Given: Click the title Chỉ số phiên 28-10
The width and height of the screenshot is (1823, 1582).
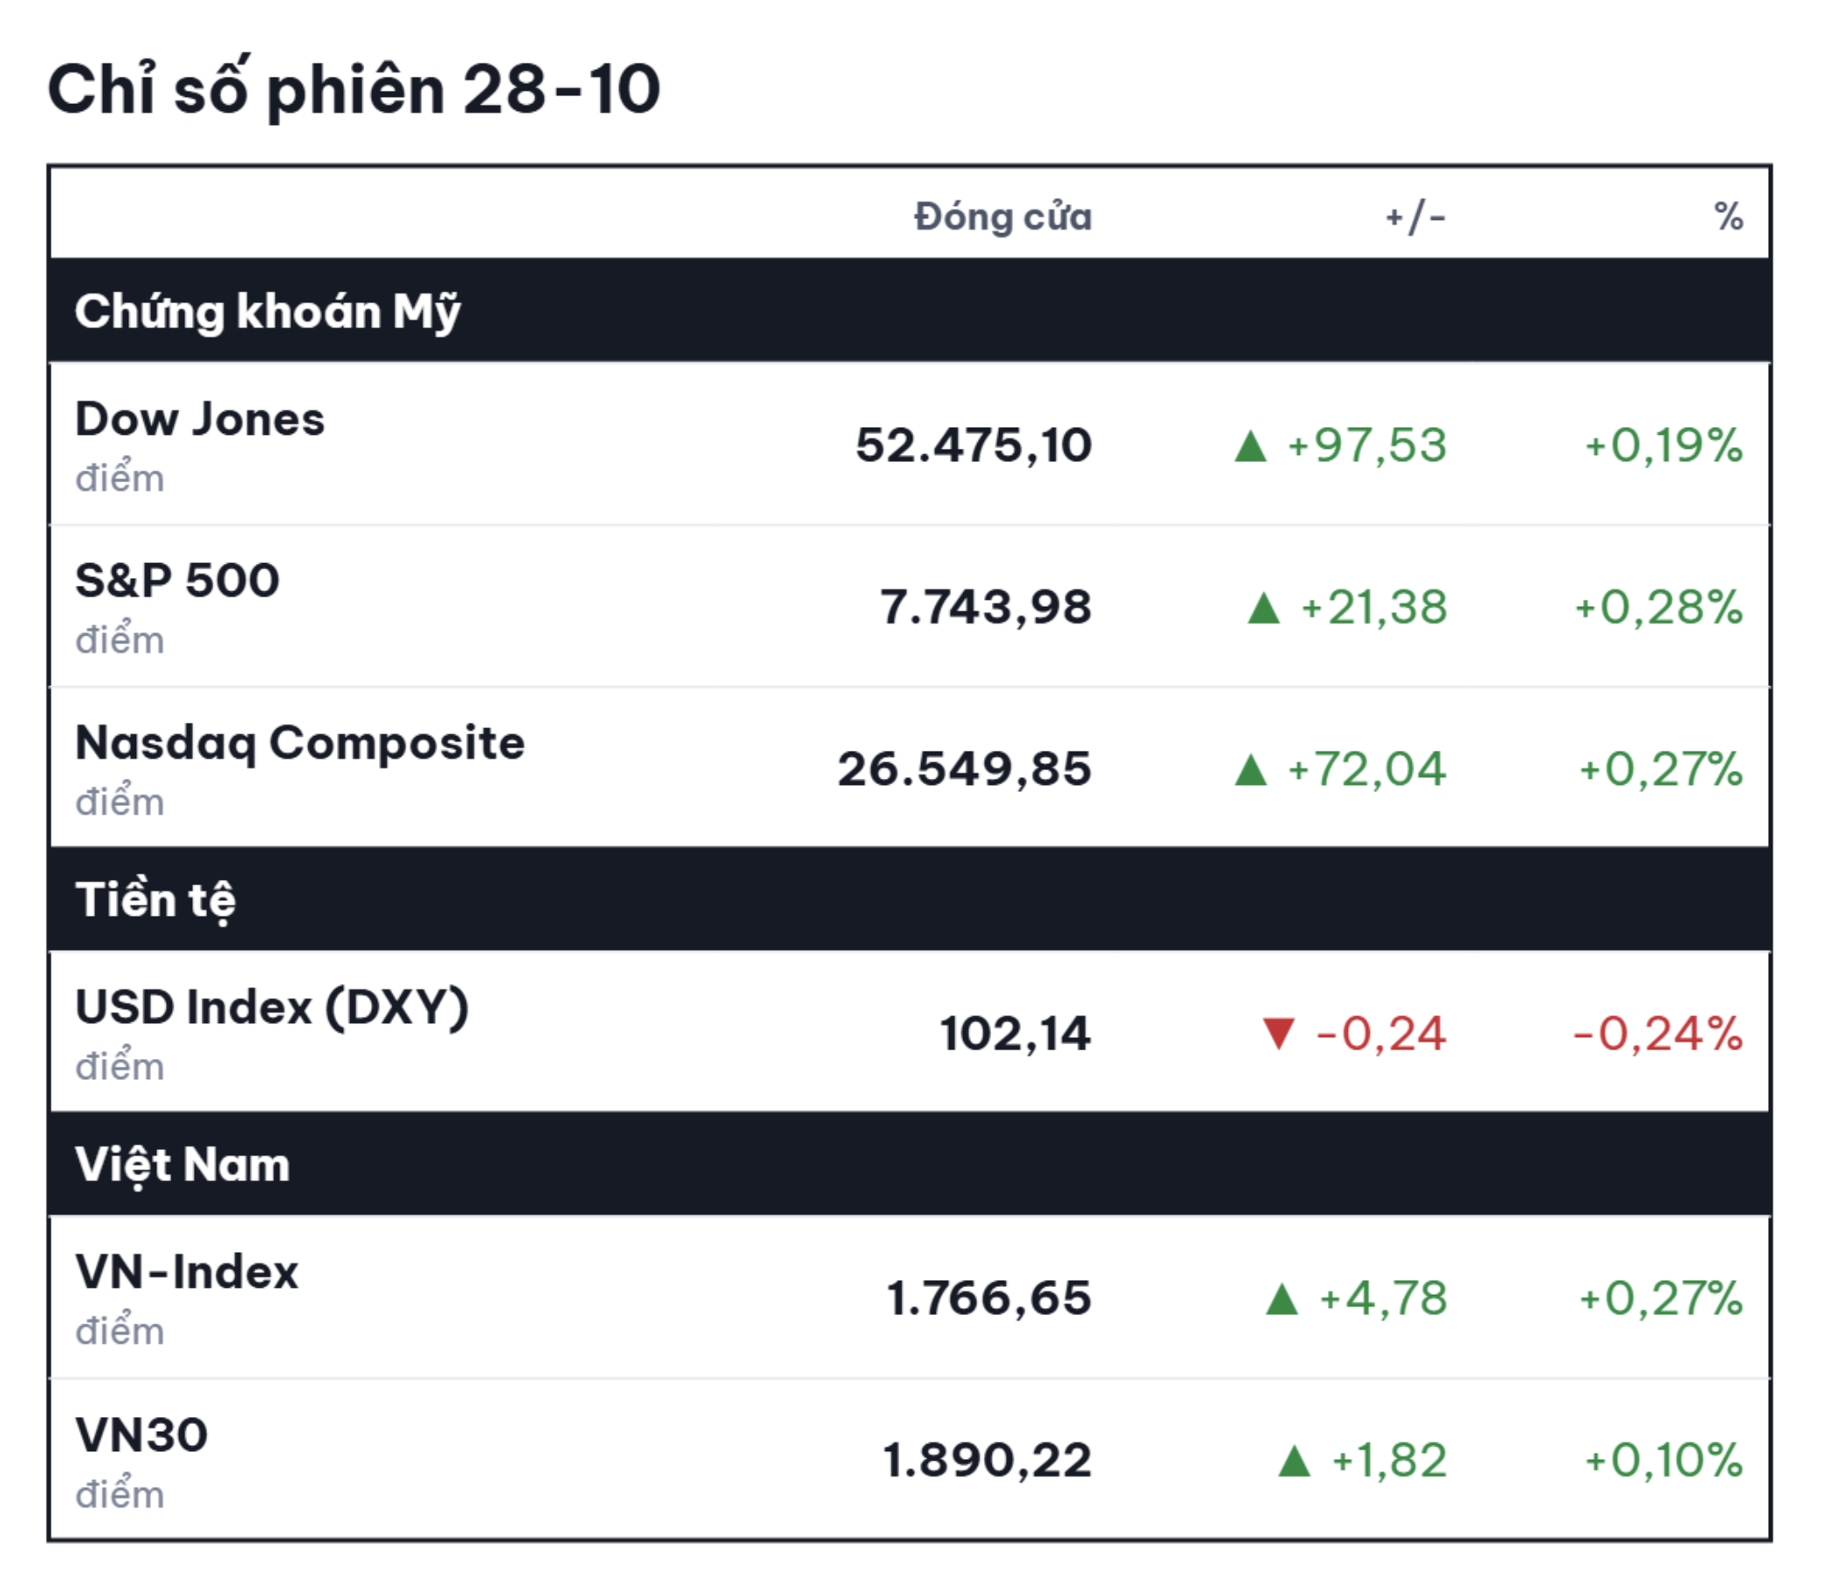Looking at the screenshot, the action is point(353,90).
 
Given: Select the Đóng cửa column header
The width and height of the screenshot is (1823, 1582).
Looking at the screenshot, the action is point(1003,217).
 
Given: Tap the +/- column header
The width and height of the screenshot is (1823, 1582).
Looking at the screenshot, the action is point(1415,217).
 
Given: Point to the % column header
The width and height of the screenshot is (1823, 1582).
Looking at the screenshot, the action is point(1729,217).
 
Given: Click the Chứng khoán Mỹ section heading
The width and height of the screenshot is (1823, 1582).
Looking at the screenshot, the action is point(267,312).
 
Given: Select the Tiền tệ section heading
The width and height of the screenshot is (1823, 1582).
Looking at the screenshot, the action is point(155,899).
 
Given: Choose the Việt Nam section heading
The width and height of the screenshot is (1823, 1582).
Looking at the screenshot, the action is point(182,1165).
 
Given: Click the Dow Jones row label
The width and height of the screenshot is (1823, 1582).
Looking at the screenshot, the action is point(201,418).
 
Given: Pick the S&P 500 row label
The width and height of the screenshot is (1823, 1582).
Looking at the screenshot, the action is point(177,581).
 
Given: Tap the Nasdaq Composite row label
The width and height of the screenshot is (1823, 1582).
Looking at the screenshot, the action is point(300,743).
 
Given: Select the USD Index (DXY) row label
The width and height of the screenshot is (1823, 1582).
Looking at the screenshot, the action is point(272,1008).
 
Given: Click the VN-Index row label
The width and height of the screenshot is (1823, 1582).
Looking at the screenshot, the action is point(187,1272).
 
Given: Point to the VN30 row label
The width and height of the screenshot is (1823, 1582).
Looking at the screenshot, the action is point(141,1434).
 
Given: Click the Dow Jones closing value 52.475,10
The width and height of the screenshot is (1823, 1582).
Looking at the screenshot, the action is point(973,445).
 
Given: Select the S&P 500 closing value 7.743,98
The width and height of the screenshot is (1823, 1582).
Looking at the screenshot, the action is point(986,608).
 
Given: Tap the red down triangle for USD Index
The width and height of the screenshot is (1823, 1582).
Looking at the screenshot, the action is point(1278,1032).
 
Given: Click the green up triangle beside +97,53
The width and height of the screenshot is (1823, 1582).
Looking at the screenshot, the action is point(1251,446).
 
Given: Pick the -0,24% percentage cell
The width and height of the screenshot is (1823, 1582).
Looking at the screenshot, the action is point(1658,1034).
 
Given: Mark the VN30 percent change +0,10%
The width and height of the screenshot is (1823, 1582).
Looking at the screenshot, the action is point(1664,1460).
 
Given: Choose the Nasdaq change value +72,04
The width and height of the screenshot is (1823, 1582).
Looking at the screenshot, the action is point(1366,769).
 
